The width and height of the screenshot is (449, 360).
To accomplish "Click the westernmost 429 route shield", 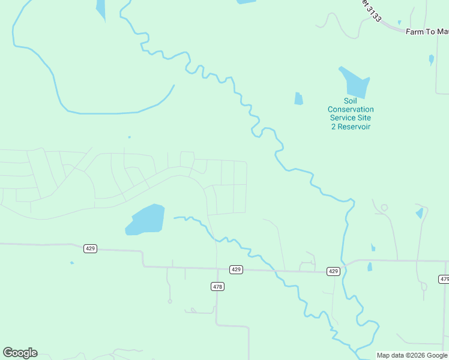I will point(90,248).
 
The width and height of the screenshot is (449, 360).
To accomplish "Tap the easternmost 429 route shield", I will point(334,271).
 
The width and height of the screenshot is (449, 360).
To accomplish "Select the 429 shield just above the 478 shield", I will point(236,270).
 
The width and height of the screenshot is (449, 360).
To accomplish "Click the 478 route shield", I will point(217,287).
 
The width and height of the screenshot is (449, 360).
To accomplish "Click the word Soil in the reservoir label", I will point(350,101).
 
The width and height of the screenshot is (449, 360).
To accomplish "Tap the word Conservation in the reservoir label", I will point(351,109).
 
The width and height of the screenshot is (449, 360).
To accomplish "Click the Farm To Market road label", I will point(427,31).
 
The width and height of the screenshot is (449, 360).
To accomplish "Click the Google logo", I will point(20,353).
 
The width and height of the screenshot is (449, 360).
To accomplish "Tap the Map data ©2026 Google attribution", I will point(412,355).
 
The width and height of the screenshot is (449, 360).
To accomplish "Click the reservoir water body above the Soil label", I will point(356,83).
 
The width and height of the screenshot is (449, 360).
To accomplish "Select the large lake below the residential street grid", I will point(146,220).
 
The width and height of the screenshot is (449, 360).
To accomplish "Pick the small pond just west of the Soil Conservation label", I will point(298,99).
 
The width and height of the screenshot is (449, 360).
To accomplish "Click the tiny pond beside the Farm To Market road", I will point(399,23).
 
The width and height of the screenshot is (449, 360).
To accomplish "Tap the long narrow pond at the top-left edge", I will point(100,8).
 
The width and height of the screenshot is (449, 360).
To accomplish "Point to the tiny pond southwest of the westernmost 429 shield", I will point(72,263).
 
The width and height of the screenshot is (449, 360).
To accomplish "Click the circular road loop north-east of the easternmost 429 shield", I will point(384,208).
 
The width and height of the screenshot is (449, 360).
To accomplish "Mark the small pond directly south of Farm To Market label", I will point(431,59).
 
